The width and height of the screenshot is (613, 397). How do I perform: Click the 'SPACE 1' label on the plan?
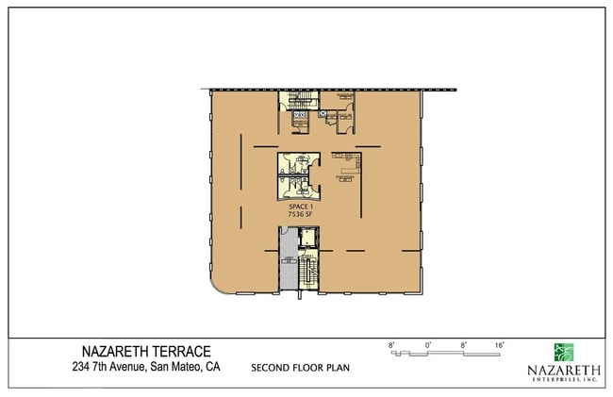(x=300, y=207)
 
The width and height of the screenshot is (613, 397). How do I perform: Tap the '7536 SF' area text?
(x=300, y=214)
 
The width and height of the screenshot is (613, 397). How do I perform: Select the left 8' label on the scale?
(x=390, y=346)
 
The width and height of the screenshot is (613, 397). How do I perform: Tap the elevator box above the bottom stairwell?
(x=306, y=238)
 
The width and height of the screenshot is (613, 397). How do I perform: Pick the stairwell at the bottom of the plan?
(x=307, y=274)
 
